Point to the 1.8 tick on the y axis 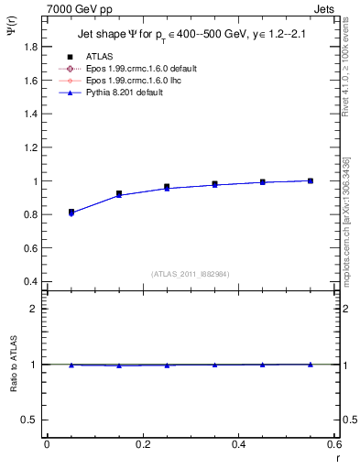pyautogui.click(x=30, y=48)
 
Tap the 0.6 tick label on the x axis pyautogui.click(x=333, y=444)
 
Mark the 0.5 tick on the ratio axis pyautogui.click(x=30, y=420)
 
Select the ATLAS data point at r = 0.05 pyautogui.click(x=71, y=212)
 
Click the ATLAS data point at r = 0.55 pyautogui.click(x=311, y=180)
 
